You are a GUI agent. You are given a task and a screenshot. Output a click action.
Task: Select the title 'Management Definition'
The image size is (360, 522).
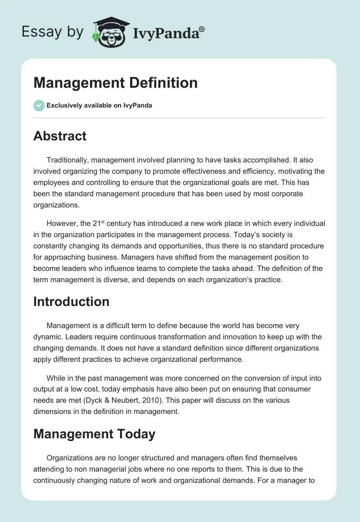click(x=116, y=83)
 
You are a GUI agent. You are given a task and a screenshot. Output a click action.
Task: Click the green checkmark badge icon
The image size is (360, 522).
click(x=39, y=105)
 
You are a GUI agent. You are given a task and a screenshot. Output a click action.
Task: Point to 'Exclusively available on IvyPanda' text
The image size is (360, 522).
click(x=99, y=105)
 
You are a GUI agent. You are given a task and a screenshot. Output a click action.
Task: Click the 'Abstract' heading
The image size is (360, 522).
click(x=60, y=136)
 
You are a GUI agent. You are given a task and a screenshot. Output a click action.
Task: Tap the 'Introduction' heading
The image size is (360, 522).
click(x=71, y=301)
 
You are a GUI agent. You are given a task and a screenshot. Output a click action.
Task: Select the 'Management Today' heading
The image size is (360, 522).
click(x=94, y=434)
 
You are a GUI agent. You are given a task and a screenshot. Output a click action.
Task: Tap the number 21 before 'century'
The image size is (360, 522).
click(x=121, y=224)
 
